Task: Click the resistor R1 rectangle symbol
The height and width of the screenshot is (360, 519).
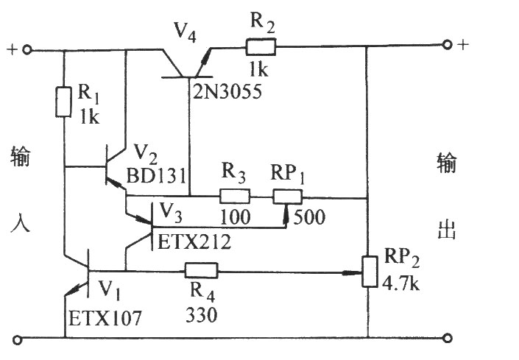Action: coord(63,102)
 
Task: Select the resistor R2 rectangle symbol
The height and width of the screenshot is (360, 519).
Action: coord(261,46)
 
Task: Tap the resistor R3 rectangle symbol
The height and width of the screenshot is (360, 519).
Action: coord(235,196)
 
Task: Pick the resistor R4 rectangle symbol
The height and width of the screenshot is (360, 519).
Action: coord(201,270)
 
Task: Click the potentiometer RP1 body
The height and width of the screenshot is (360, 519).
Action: coord(287,197)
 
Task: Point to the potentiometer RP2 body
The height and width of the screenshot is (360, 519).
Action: coord(370,272)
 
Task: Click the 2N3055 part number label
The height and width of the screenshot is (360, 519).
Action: coord(227,91)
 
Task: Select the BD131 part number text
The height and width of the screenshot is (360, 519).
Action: coord(157,175)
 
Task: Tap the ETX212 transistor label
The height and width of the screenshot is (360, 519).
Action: coord(194,242)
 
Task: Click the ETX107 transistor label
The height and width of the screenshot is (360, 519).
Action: coord(105,318)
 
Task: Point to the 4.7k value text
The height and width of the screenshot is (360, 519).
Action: coord(401,283)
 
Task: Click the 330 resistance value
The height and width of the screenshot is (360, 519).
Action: coord(202,314)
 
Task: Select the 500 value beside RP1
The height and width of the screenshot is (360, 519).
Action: coord(309,217)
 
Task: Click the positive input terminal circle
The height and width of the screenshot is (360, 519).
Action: coord(27,50)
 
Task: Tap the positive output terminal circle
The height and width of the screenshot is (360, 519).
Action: coord(447,44)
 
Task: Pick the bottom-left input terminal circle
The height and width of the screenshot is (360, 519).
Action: coord(18,339)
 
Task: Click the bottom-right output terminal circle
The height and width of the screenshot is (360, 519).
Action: coord(447,338)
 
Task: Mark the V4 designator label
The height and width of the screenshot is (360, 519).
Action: coord(186,32)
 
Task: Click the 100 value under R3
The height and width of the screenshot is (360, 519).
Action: coord(236,217)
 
